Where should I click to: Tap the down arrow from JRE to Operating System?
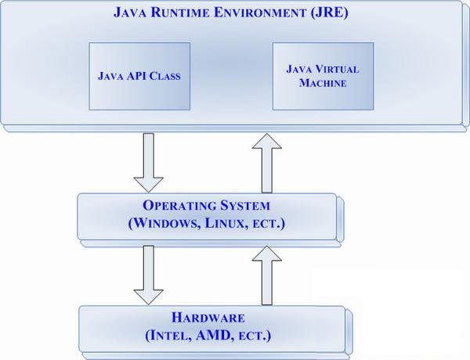[x=148, y=161]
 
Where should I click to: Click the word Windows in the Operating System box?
[x=168, y=223]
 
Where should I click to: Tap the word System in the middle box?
[x=243, y=207]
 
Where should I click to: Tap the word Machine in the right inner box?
[x=322, y=83]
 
